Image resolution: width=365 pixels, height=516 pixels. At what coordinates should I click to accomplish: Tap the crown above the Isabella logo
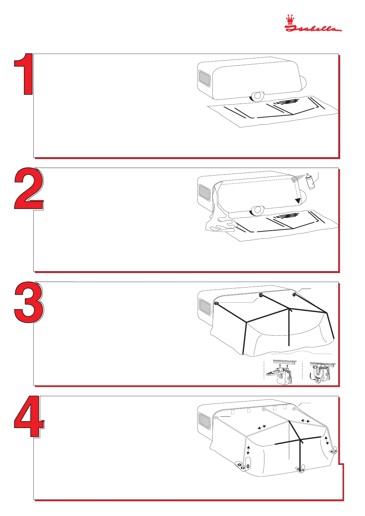click(290, 19)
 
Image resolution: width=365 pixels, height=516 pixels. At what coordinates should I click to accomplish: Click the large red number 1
click(23, 74)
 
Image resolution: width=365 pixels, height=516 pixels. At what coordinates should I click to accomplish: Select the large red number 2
click(29, 189)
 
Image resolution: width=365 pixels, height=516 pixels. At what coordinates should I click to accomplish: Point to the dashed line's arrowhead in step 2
click(298, 200)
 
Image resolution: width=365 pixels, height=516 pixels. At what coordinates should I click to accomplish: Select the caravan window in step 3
click(205, 307)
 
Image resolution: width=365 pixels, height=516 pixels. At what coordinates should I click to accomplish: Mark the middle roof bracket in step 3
click(261, 295)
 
